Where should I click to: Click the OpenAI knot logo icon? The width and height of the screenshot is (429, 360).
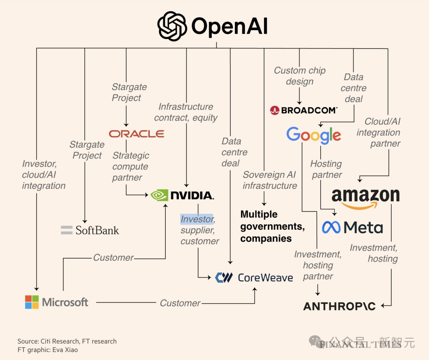[172, 26]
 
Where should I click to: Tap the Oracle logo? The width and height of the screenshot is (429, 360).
[137, 134]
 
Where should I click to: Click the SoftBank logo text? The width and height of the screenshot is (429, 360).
[97, 230]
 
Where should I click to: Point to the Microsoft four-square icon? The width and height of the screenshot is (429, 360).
[32, 302]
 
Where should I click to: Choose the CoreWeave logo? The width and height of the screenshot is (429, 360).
[254, 277]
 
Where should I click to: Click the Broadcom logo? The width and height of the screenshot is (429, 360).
[304, 110]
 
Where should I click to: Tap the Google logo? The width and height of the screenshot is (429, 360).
[313, 135]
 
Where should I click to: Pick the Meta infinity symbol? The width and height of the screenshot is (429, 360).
[331, 228]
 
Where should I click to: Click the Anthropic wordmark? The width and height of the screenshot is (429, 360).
[339, 306]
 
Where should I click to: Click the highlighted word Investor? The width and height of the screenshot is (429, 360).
[197, 219]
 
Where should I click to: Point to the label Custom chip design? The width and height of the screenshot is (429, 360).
[300, 76]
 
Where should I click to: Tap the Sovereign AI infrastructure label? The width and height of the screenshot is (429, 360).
[270, 180]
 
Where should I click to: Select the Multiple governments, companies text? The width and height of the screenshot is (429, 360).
[272, 226]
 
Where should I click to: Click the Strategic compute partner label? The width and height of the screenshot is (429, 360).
[131, 166]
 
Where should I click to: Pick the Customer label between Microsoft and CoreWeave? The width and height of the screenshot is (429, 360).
[180, 303]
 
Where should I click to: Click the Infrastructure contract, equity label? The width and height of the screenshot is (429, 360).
[186, 112]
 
